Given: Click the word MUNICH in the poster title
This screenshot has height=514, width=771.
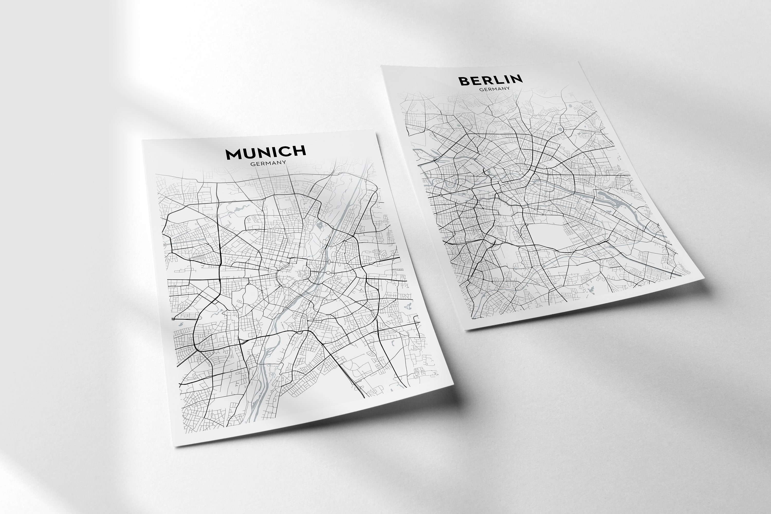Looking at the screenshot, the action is tap(265, 153).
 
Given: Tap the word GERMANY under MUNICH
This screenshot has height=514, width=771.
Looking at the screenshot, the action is tap(268, 163).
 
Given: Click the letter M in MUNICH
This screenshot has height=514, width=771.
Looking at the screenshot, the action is tap(233, 154).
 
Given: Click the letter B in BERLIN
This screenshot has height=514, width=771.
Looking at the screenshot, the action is tap(464, 81).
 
